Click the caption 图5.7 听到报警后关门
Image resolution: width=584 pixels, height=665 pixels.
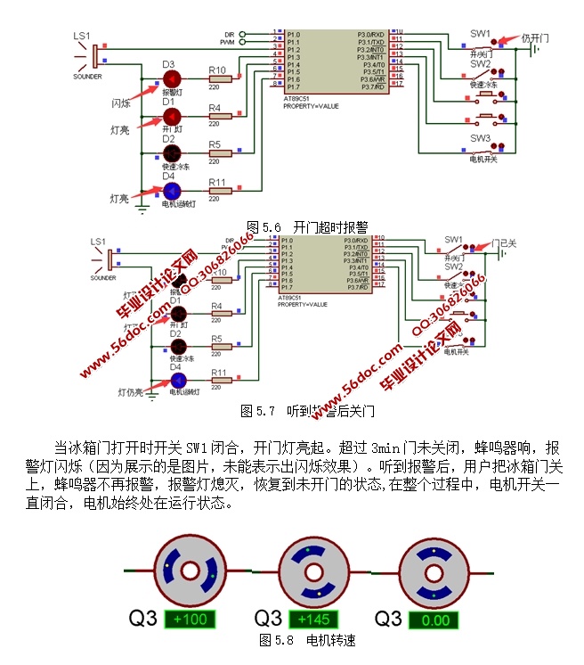click(x=308, y=412)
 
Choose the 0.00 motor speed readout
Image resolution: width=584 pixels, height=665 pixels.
click(x=436, y=620)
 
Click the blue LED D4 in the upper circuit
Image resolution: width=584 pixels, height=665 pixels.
click(x=171, y=191)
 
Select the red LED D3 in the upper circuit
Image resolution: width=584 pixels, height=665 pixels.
click(x=171, y=78)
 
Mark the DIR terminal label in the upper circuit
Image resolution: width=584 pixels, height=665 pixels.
click(x=229, y=34)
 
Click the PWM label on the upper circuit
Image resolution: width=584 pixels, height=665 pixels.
click(x=228, y=42)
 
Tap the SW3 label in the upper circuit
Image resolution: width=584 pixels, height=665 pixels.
click(x=481, y=138)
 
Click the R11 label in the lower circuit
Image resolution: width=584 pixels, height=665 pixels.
click(x=219, y=372)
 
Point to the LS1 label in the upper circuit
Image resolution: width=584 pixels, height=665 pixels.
click(x=82, y=36)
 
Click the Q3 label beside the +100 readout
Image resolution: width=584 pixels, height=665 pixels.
click(x=143, y=619)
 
